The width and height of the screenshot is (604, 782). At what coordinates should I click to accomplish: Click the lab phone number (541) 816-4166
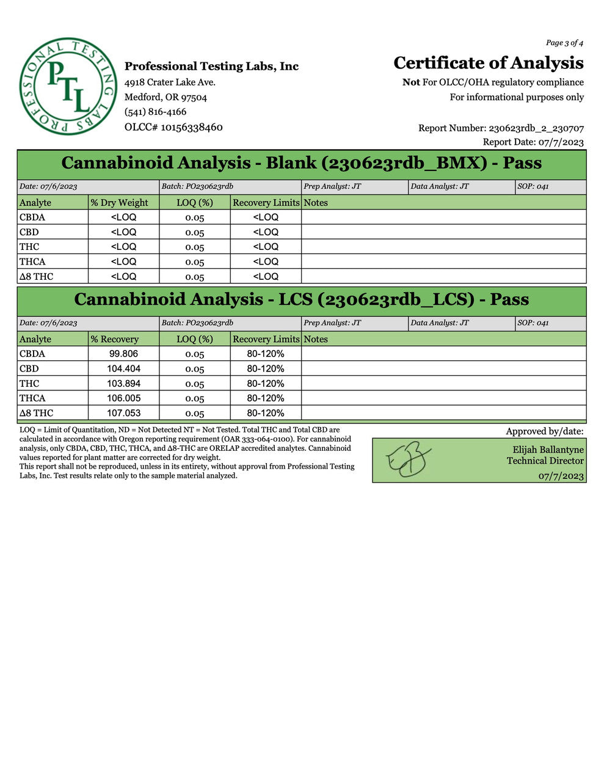click(155, 112)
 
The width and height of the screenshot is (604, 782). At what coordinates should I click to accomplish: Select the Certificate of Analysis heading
click(488, 63)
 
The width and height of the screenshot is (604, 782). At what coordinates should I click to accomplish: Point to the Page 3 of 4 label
click(564, 43)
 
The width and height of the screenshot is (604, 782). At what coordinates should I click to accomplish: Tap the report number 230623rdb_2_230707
click(536, 128)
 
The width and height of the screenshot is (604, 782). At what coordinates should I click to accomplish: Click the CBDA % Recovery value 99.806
click(123, 354)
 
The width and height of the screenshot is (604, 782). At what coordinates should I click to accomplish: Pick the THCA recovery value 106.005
click(123, 398)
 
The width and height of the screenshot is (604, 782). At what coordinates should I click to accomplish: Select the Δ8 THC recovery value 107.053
click(123, 413)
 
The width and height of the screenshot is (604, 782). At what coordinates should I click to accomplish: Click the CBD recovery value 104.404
click(123, 368)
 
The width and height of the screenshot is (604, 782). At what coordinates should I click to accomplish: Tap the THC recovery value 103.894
click(123, 384)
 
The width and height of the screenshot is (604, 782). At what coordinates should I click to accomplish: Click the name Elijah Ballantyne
click(548, 450)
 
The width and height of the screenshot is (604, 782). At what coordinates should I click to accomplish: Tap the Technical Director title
click(545, 461)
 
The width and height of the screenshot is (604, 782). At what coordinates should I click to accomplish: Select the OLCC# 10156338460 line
click(173, 127)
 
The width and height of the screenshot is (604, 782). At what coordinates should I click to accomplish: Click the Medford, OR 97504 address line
click(166, 97)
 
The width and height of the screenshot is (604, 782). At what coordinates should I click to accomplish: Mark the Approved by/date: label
click(544, 431)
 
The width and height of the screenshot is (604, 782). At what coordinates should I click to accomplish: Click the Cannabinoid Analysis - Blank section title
click(302, 163)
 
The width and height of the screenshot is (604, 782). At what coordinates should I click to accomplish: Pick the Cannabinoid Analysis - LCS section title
click(302, 299)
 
